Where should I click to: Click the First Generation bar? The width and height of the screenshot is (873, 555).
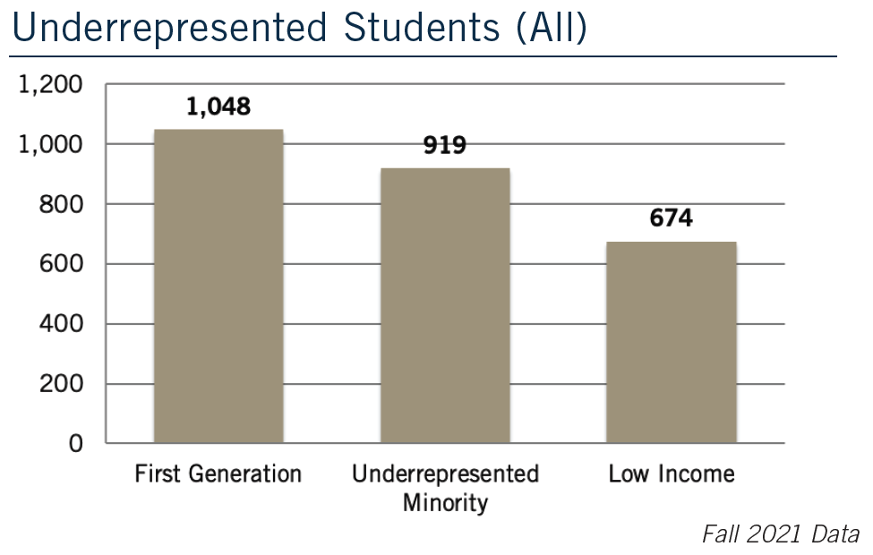pos(218,286)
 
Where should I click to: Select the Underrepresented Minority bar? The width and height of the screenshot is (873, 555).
pos(445,305)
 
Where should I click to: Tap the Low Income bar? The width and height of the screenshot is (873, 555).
pos(672,342)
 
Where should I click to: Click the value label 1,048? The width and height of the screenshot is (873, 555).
pos(218,107)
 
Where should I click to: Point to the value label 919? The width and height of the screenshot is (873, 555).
pos(445,145)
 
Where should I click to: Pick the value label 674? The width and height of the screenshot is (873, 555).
pos(672,218)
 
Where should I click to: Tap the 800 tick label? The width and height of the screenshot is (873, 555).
pos(63,205)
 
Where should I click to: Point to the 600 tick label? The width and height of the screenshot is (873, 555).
pos(63,265)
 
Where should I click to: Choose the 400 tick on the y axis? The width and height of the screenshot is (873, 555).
pos(63,324)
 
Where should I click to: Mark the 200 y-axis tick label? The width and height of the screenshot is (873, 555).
pos(63,384)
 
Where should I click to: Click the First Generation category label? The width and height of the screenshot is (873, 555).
pos(218,474)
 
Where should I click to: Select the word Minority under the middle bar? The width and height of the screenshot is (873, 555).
pos(445,502)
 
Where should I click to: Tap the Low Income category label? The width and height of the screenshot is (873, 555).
pos(672,474)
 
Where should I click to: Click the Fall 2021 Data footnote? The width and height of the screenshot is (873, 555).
pos(779,534)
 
